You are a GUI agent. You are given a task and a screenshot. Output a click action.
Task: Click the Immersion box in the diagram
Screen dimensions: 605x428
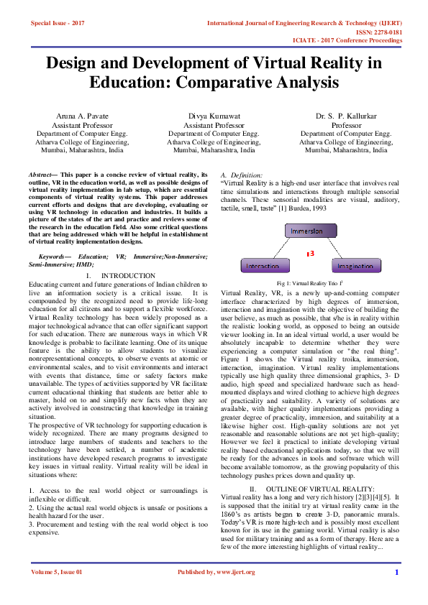click(310, 231)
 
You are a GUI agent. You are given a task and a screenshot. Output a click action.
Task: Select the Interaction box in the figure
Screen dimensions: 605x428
click(263, 266)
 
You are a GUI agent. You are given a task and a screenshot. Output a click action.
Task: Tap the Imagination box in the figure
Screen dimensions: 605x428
click(355, 266)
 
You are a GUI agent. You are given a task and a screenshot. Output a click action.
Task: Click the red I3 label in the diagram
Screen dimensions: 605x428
click(310, 254)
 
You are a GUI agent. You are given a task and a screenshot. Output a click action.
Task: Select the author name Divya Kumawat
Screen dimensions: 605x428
click(214, 116)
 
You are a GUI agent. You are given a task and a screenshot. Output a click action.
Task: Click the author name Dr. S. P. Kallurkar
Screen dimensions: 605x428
click(346, 116)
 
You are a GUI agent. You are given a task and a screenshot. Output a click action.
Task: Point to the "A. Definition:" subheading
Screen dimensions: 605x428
click(242, 175)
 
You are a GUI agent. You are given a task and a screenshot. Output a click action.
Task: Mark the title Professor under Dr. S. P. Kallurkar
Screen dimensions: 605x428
click(346, 124)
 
